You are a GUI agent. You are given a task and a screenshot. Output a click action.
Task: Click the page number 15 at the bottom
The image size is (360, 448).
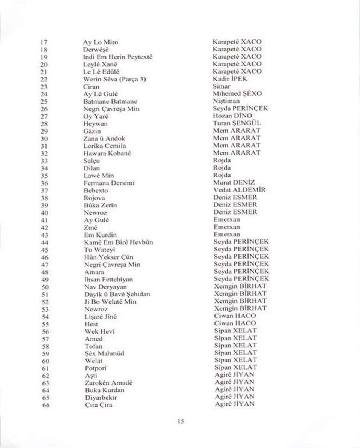pos(180,421)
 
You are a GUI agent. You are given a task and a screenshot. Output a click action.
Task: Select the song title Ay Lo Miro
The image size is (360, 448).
pos(100,42)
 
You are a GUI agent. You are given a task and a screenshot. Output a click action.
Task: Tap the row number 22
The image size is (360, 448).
pos(43,79)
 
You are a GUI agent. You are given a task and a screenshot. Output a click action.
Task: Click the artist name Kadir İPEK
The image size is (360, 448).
pos(230,79)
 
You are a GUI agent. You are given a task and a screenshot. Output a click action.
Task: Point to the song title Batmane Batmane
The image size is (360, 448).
pos(110,101)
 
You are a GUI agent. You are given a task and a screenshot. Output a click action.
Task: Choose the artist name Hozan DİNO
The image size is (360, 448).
pos(232,116)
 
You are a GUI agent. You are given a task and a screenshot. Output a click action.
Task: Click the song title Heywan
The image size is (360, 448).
pos(96,123)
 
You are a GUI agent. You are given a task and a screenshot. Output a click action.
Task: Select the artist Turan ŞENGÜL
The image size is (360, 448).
pos(237,123)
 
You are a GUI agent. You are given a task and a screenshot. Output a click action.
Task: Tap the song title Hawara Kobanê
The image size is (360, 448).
pos(107,153)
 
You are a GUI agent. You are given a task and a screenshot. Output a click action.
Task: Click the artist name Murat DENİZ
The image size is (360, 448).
pos(234,182)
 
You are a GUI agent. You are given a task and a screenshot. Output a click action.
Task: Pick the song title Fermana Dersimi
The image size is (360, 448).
pos(109,183)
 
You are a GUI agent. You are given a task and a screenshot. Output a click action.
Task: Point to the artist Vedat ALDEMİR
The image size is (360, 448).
pos(239,190)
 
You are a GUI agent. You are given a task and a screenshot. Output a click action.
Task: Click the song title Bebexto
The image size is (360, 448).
pos(96,191)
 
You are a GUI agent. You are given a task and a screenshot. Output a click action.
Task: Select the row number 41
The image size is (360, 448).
pos(45,220)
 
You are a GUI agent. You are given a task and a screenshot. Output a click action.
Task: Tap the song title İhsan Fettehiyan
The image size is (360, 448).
pos(108,280)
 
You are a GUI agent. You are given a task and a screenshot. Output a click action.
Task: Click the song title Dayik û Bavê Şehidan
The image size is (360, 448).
pos(117,294)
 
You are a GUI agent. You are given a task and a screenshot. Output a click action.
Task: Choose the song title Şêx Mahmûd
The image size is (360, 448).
pos(104,353)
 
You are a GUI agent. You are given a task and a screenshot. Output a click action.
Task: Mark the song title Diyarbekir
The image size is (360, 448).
pos(101,397)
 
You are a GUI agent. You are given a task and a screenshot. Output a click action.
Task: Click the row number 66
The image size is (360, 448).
pos(46,405)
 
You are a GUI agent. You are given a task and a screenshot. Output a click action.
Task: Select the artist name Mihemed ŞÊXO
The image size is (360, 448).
pos(237,93)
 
